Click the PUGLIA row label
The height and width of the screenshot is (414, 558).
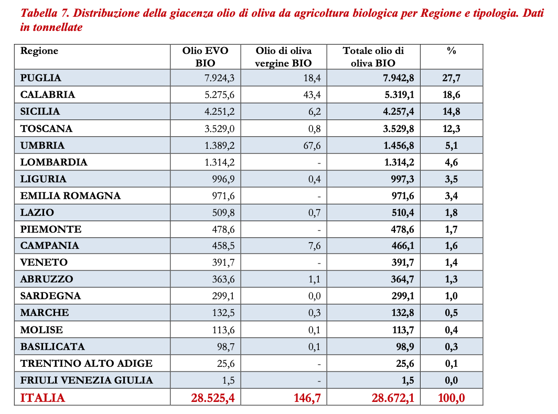click(x=41, y=78)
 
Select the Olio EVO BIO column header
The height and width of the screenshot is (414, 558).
click(x=206, y=57)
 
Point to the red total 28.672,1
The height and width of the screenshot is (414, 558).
click(x=393, y=398)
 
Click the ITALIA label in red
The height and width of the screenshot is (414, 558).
click(x=43, y=398)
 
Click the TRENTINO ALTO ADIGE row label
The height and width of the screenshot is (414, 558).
click(x=87, y=363)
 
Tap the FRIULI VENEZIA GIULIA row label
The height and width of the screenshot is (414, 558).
click(x=87, y=380)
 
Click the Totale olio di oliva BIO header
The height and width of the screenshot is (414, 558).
click(x=373, y=57)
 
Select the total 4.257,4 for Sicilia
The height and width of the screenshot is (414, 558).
click(x=396, y=112)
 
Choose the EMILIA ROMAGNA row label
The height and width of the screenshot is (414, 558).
click(x=70, y=195)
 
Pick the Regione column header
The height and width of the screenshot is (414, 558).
click(x=39, y=51)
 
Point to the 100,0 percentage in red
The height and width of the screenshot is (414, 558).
click(x=451, y=398)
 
